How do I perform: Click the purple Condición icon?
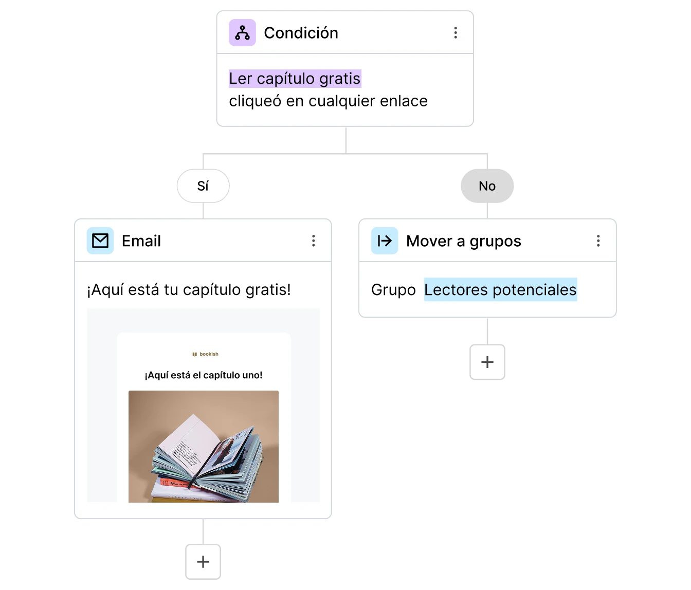coord(242,33)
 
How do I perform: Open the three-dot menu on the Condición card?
coord(456,33)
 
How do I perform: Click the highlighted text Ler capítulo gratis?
coord(295,79)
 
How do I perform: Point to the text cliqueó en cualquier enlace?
coord(328,101)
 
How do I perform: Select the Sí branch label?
coord(203,186)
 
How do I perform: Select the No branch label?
coord(487,186)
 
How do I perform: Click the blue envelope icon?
coord(100,241)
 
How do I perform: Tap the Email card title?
coord(141,241)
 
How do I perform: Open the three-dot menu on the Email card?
coord(313,241)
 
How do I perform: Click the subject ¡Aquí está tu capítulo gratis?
coord(189,290)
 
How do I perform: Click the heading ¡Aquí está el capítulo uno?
coord(204,375)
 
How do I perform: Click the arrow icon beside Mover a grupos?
coord(385,241)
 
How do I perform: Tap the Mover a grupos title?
coord(463,241)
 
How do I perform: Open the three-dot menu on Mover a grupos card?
coord(598,241)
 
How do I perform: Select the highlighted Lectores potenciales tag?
coord(500,290)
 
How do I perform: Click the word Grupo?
coord(393,290)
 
